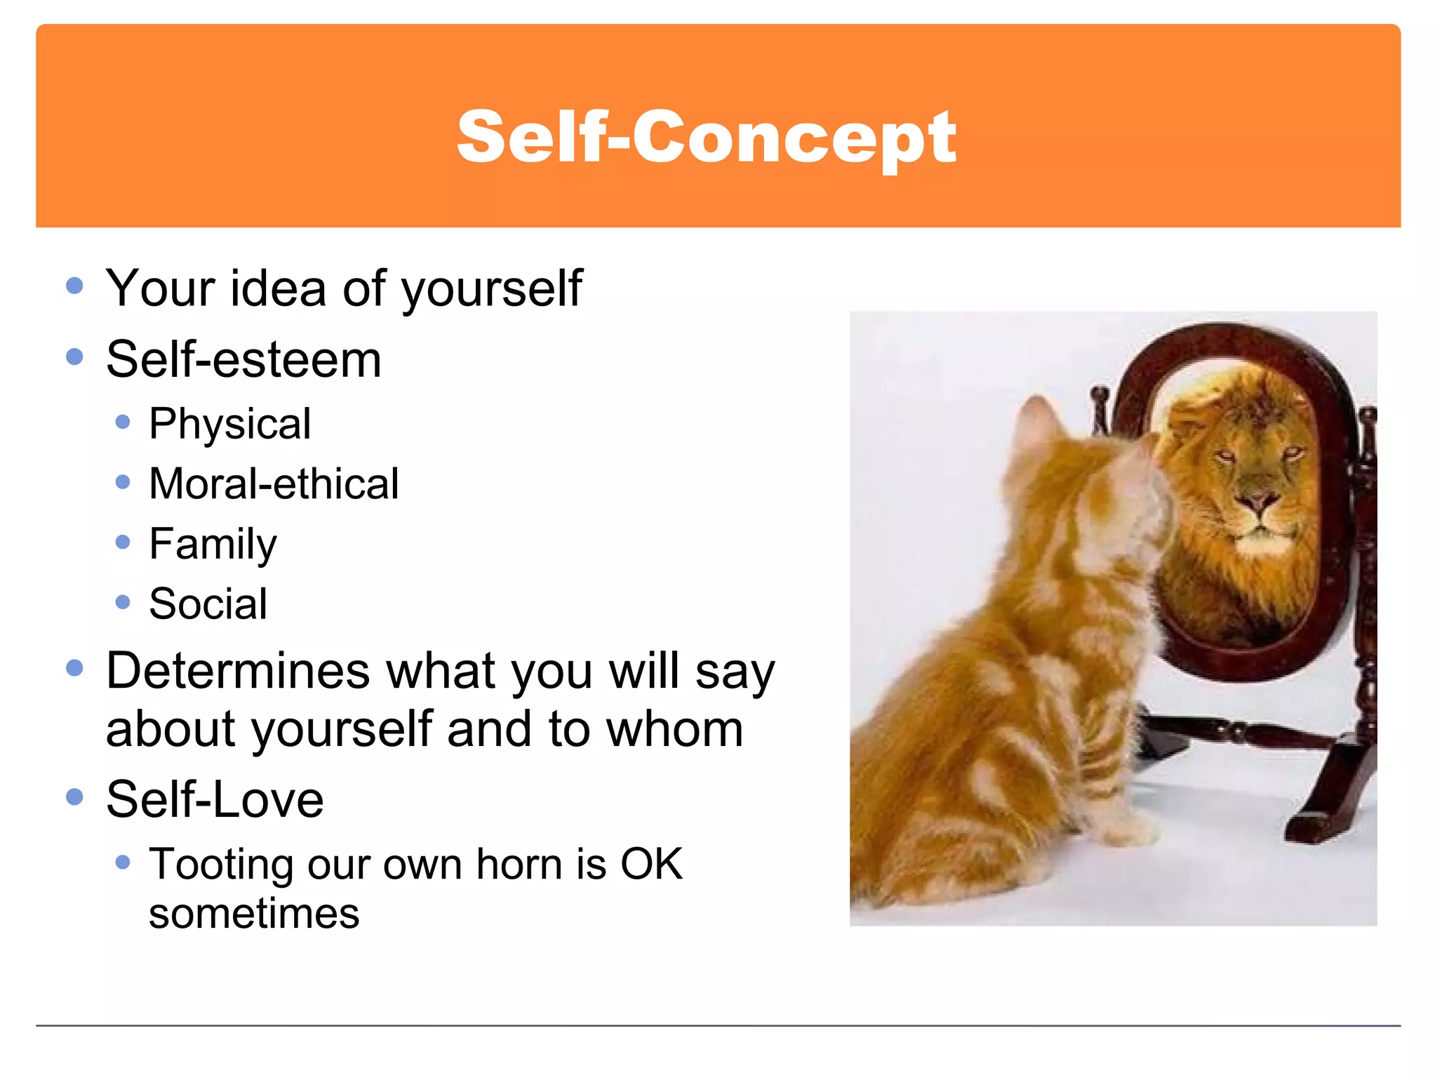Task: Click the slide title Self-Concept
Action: [706, 138]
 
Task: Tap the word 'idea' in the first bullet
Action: [278, 288]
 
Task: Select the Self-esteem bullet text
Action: [243, 360]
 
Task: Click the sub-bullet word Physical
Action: [229, 425]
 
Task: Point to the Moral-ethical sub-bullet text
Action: [274, 484]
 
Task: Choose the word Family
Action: [213, 545]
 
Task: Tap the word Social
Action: [208, 604]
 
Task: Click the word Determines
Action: [237, 671]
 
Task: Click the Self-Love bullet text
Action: [215, 800]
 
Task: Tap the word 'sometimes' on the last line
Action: [254, 914]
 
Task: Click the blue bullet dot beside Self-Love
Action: [74, 797]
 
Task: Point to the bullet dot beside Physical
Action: [123, 422]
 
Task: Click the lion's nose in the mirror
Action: [1257, 501]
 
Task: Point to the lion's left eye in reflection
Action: [1226, 456]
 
